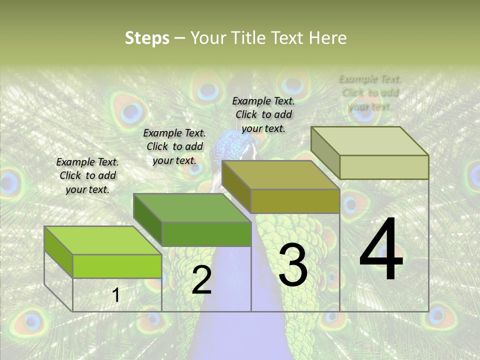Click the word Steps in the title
coord(147,38)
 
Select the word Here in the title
coord(327,38)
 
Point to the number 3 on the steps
coord(292,265)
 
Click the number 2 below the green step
coord(201,280)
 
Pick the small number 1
coord(116,295)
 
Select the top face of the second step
coord(192,207)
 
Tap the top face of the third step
coord(280,175)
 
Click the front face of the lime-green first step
coord(117,266)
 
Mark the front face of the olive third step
coord(295,201)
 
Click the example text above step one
coord(87,176)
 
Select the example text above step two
coord(174,146)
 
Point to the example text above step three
coord(263,114)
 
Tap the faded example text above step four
coord(370,92)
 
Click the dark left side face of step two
coord(148,220)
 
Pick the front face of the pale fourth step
coord(384,167)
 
